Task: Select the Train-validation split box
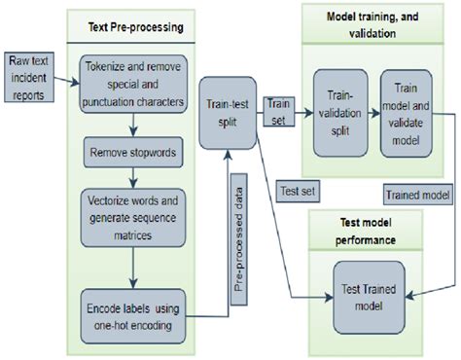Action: [339, 113]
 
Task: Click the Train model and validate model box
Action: [406, 113]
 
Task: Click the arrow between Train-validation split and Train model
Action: [373, 113]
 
